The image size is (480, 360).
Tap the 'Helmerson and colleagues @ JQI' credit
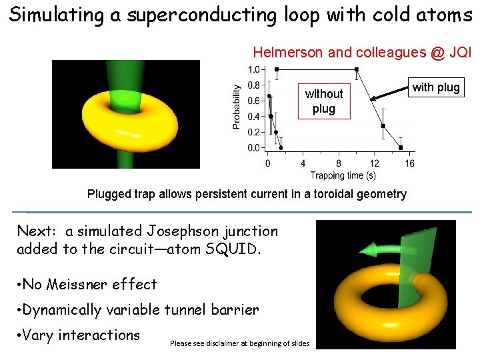361,52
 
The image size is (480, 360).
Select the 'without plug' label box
323,101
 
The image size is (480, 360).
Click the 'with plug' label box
436,87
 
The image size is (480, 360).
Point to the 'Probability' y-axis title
236,107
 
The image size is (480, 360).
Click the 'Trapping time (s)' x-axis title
342,175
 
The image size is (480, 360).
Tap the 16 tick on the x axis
409,163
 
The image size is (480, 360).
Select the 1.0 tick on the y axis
254,69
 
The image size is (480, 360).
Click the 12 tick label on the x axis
374,163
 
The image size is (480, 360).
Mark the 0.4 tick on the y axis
254,117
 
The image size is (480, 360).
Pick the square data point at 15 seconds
401,147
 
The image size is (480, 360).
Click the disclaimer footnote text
244,343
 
